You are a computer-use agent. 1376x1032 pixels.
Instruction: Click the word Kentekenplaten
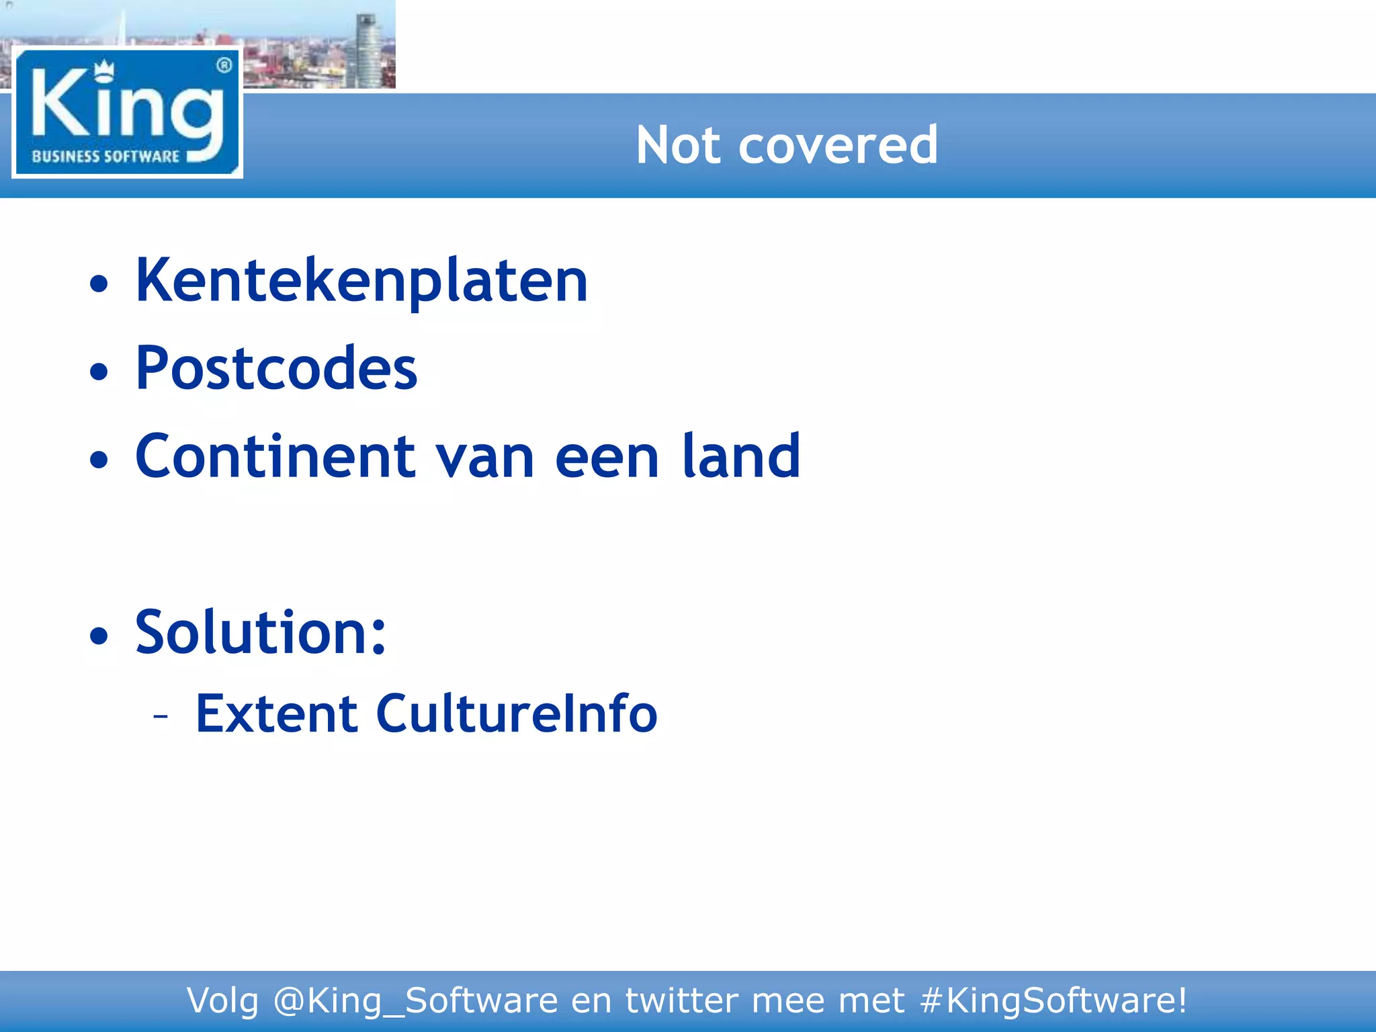click(361, 282)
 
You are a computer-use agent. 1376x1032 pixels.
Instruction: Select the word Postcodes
click(276, 369)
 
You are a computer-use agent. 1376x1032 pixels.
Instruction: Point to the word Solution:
click(261, 632)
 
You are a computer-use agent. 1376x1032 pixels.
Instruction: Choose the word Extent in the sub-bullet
click(276, 714)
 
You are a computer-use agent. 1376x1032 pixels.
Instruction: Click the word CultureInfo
click(516, 714)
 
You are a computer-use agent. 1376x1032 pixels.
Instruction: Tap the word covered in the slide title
click(838, 145)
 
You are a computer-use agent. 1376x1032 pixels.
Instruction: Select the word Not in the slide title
click(679, 145)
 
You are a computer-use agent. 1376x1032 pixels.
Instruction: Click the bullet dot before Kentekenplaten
click(99, 284)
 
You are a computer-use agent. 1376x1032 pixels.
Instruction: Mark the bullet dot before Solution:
click(99, 635)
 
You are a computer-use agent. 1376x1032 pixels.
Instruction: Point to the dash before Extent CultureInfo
click(161, 716)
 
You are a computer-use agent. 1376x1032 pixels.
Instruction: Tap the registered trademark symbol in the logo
click(224, 65)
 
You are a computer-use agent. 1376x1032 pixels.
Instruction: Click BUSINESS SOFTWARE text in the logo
click(105, 157)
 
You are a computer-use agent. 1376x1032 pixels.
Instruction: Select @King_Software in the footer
click(415, 1000)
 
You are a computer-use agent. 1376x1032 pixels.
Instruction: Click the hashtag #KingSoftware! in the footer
click(1053, 1000)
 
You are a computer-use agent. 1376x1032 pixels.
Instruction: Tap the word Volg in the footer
click(222, 1000)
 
